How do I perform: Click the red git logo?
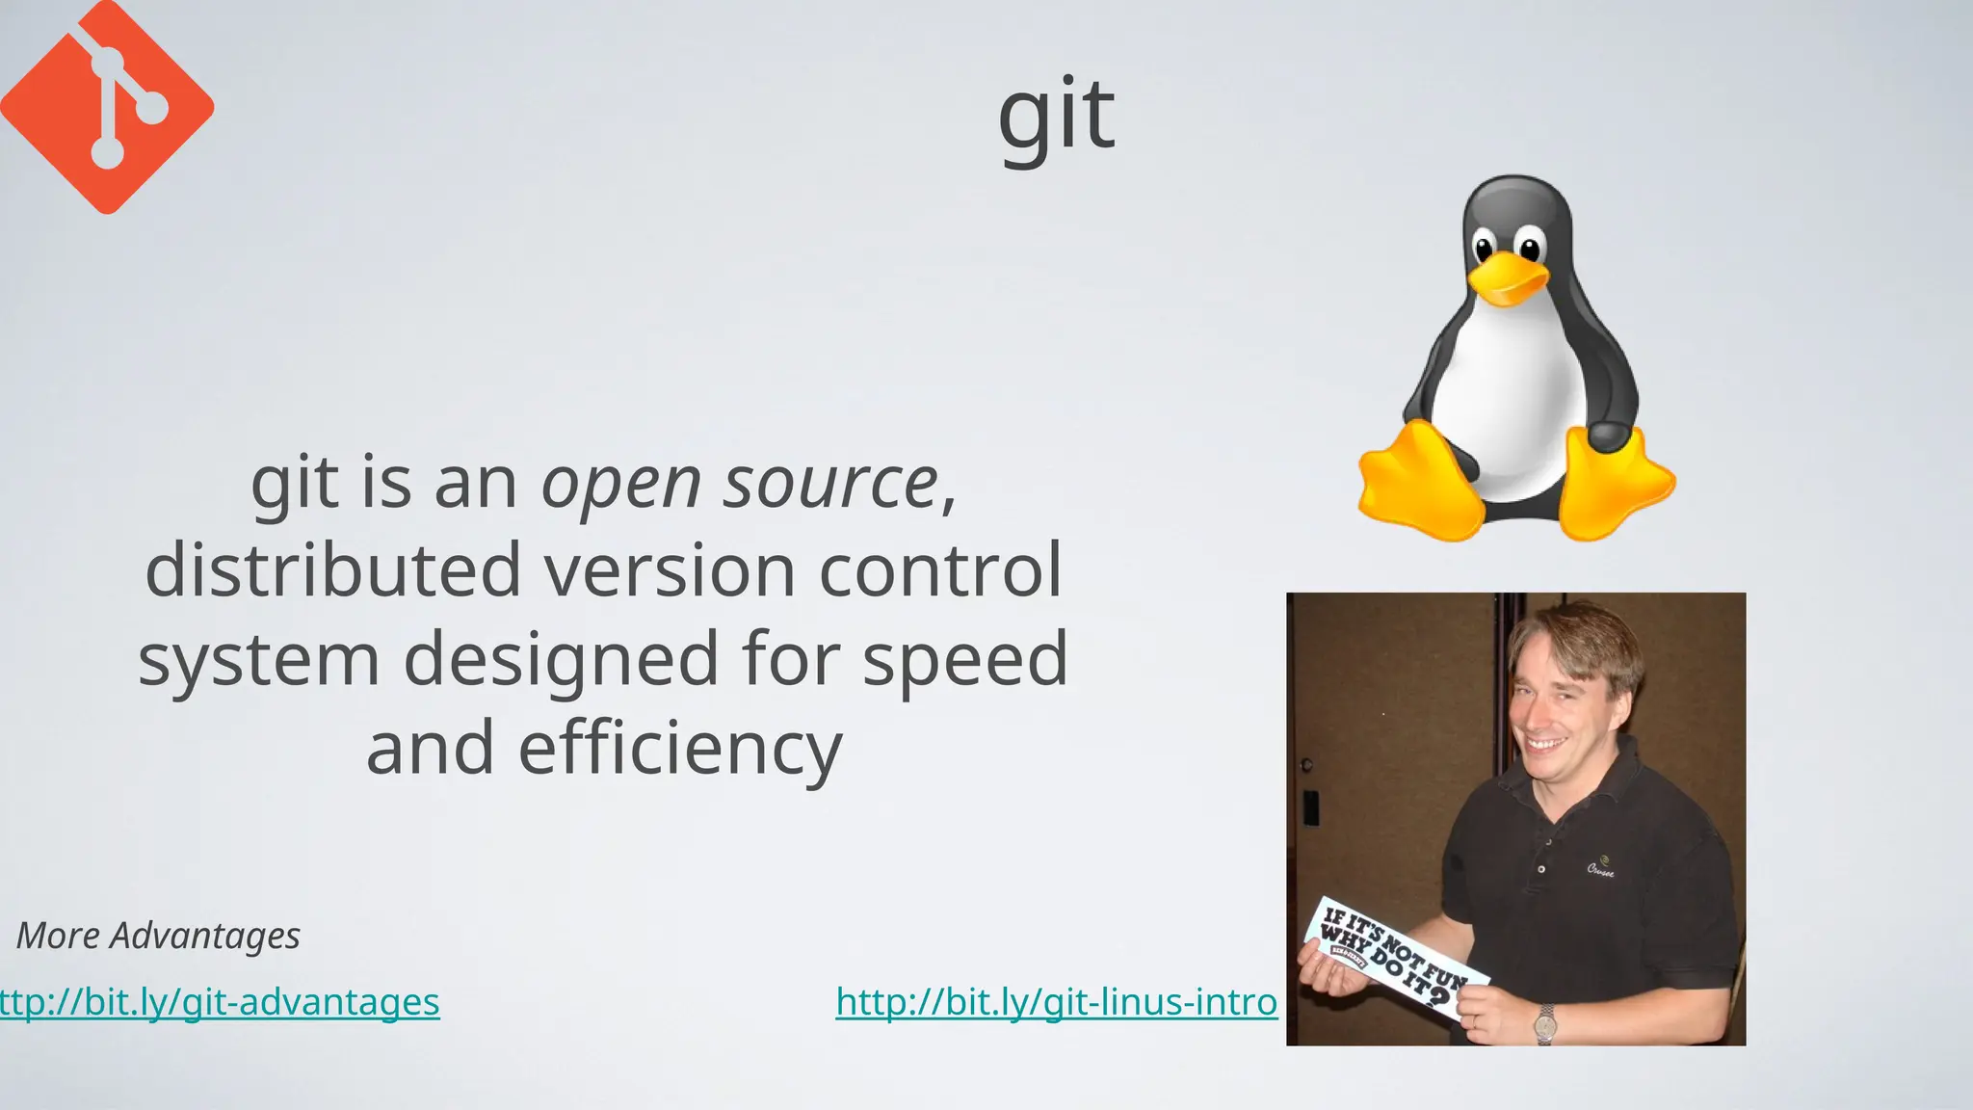(106, 106)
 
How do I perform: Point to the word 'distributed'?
(333, 569)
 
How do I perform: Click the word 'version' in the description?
(671, 569)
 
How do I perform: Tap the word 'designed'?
(561, 660)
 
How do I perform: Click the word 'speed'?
(965, 660)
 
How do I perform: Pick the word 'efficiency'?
(680, 750)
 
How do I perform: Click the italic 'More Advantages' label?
(158, 936)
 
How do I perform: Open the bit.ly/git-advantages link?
(220, 1002)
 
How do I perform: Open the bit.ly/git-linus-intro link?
(1056, 1002)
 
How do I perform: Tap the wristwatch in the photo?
(1545, 1023)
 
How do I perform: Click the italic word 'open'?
(620, 484)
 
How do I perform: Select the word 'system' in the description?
(258, 660)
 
